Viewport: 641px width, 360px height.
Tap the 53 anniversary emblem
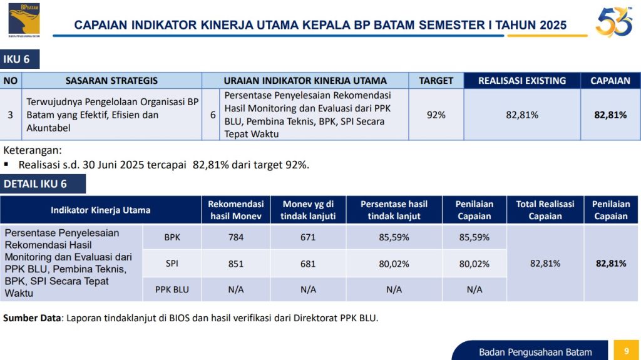pyautogui.click(x=613, y=23)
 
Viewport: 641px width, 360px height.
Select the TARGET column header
pyautogui.click(x=436, y=81)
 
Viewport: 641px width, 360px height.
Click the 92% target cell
pyautogui.click(x=436, y=115)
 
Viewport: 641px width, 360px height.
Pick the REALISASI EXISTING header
pyautogui.click(x=522, y=81)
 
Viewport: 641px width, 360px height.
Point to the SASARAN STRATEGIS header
pyautogui.click(x=111, y=81)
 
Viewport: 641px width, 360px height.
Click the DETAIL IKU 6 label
pyautogui.click(x=36, y=184)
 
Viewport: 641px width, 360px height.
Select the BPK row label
pyautogui.click(x=172, y=238)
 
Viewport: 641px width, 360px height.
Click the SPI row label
pyautogui.click(x=172, y=264)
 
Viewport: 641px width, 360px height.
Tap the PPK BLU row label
pyautogui.click(x=172, y=289)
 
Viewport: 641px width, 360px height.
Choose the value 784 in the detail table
pyautogui.click(x=235, y=238)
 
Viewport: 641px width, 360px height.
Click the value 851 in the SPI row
pyautogui.click(x=235, y=264)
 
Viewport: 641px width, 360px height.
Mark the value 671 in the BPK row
pyautogui.click(x=308, y=238)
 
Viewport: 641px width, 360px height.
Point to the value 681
pyautogui.click(x=308, y=264)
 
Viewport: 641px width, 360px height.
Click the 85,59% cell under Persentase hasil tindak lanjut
pyautogui.click(x=394, y=238)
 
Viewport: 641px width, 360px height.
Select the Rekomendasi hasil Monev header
pyautogui.click(x=235, y=210)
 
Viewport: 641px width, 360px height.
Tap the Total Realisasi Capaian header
pyautogui.click(x=545, y=210)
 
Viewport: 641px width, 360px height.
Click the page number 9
pyautogui.click(x=626, y=351)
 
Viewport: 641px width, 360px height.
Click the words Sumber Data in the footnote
pyautogui.click(x=31, y=318)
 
